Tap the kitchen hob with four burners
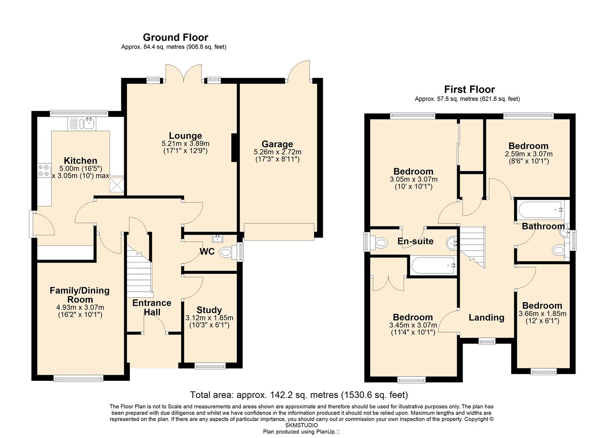coord(44,170)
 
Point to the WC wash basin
coord(217,238)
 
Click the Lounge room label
coord(185,135)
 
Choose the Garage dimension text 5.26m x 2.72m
coord(277,152)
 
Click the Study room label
coord(209,310)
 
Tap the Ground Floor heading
coord(175,37)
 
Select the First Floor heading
coord(469,89)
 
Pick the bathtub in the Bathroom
coord(540,210)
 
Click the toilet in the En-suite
coord(378,243)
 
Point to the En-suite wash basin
coord(452,243)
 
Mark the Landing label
coord(486,318)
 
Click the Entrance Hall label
coord(152,307)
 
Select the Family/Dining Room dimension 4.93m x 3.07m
coord(80,307)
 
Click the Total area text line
coord(299,395)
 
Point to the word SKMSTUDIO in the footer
coord(301,425)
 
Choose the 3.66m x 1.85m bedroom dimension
coord(542,313)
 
